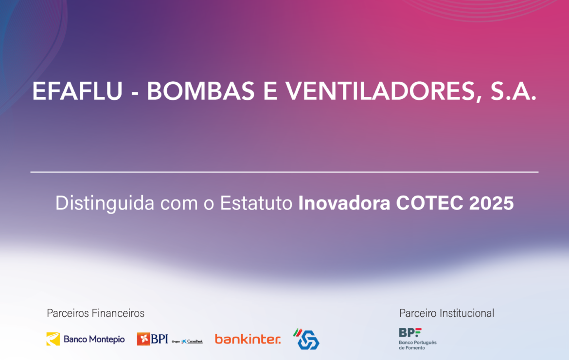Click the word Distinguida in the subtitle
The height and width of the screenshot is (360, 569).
[105, 203]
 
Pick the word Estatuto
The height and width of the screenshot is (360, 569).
[256, 203]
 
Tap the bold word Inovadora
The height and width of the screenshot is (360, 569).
[344, 203]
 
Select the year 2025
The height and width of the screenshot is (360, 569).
[491, 203]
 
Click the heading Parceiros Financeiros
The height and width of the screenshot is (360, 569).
[96, 313]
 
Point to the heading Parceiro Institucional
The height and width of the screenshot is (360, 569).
[447, 313]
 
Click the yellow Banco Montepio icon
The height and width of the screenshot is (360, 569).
[53, 339]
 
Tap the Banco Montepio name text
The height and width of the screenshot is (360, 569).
[94, 339]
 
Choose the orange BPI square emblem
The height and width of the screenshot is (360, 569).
[143, 339]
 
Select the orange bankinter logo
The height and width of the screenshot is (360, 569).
[248, 339]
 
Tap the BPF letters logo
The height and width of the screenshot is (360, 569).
[410, 332]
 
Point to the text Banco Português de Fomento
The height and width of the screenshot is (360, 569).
[418, 345]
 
